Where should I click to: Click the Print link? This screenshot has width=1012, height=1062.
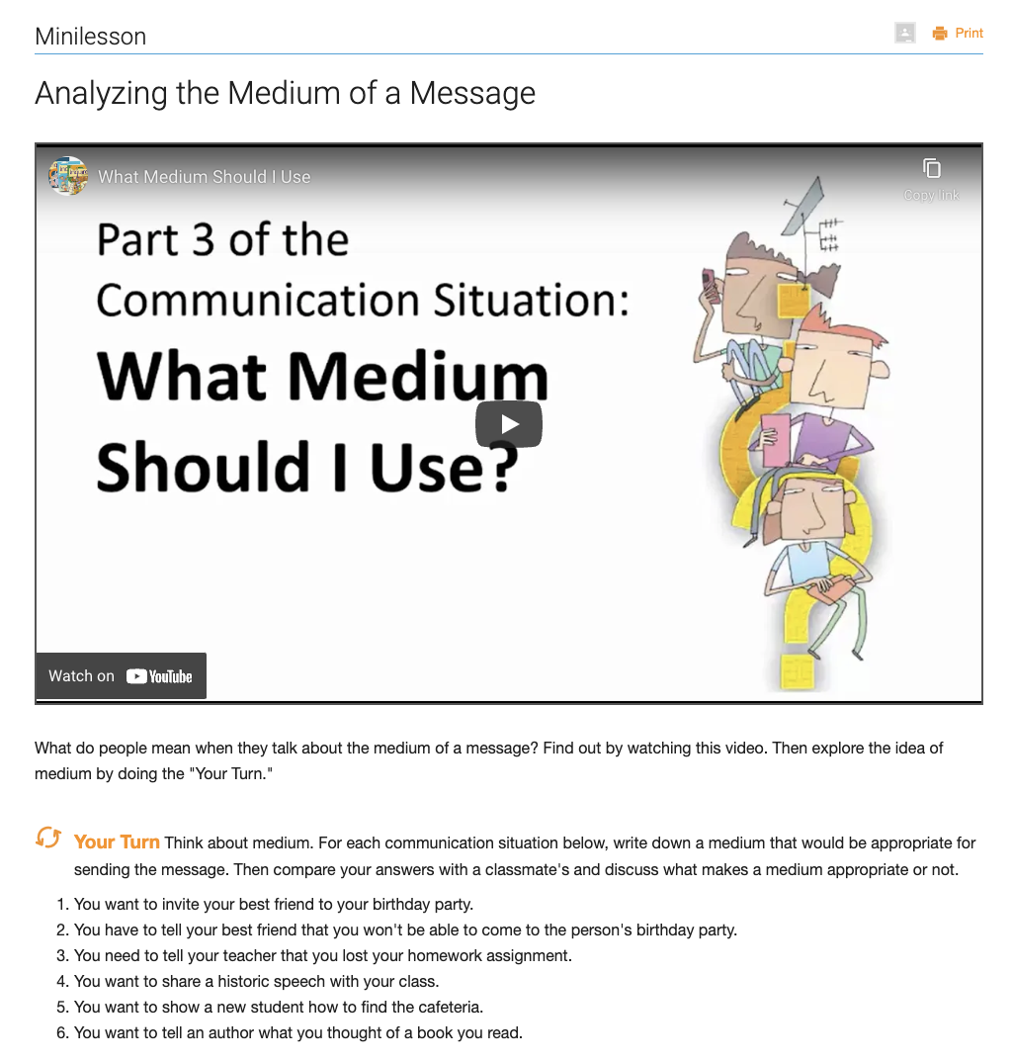(969, 34)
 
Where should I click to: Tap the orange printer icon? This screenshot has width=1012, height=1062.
(940, 34)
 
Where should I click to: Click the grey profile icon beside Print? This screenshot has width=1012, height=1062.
(904, 34)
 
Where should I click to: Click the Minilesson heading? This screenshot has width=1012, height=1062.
(90, 37)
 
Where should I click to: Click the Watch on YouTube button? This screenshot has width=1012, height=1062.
(121, 676)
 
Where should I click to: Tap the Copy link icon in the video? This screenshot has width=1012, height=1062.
(931, 169)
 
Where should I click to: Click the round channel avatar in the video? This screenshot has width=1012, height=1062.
(68, 176)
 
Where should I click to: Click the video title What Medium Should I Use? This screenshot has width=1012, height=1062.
(204, 177)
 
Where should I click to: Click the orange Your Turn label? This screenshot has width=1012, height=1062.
(117, 842)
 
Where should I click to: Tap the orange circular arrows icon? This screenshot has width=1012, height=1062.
(48, 839)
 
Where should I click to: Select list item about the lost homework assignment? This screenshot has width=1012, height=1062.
(322, 955)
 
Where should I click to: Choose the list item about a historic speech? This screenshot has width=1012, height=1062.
(256, 981)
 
